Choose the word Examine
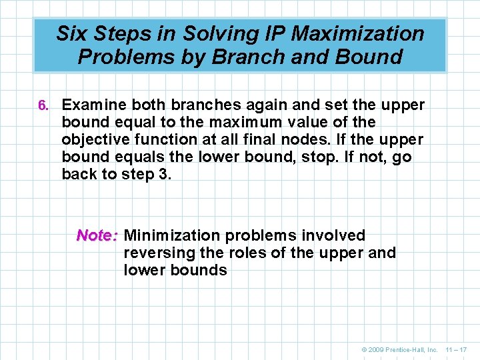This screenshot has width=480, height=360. (x=93, y=105)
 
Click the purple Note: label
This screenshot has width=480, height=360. (x=97, y=235)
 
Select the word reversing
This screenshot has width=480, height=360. (x=155, y=253)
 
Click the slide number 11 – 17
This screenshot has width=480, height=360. (x=457, y=349)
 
